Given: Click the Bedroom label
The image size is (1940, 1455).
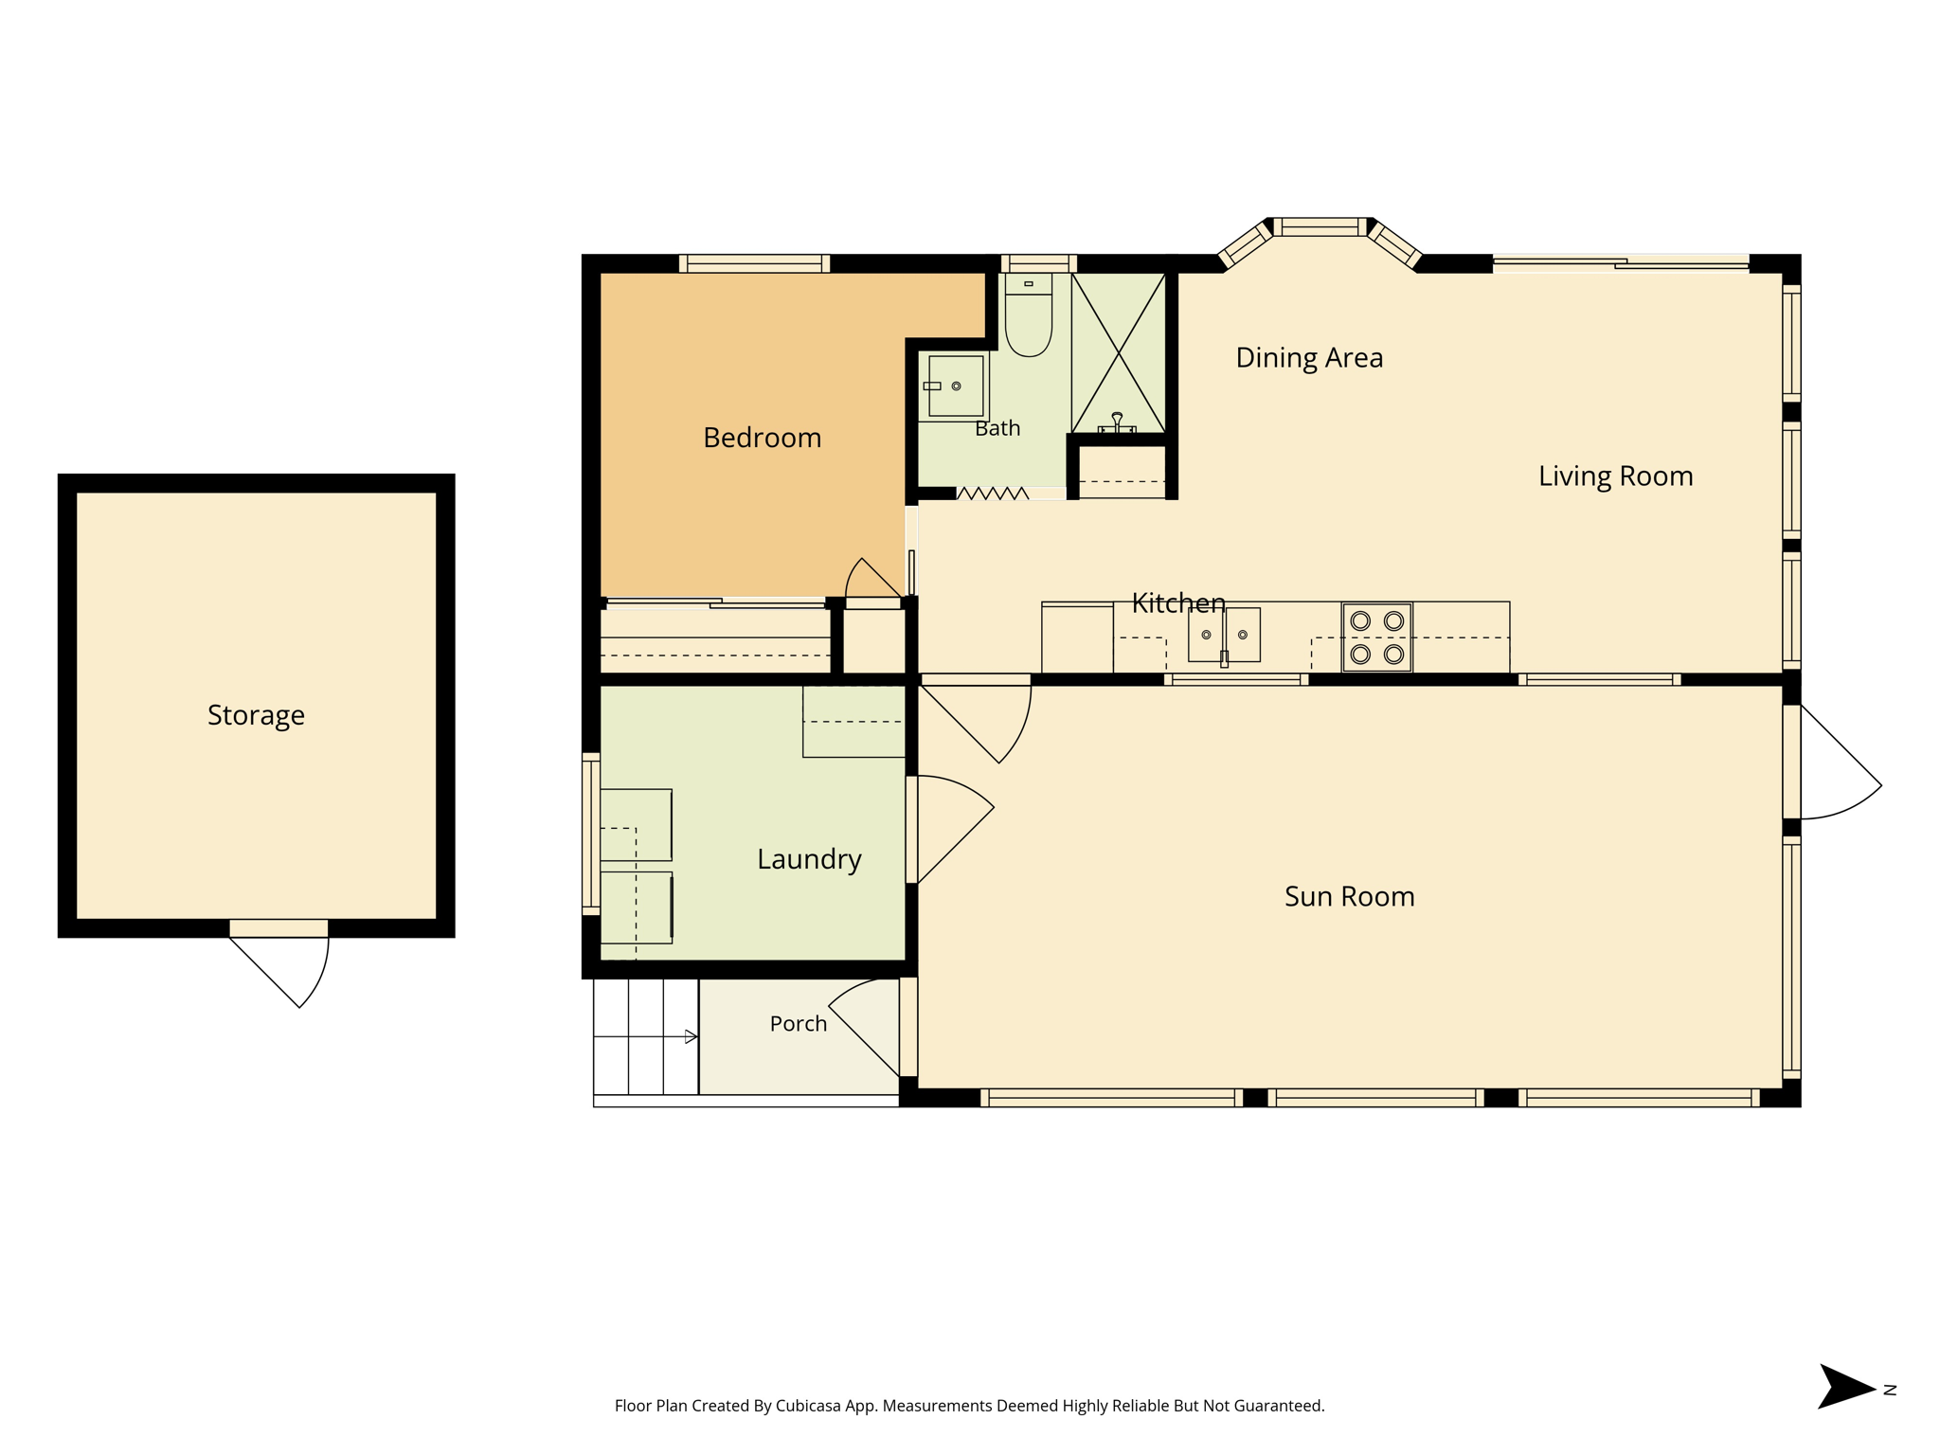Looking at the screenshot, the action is point(762,438).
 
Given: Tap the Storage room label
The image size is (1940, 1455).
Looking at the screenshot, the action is point(256,715).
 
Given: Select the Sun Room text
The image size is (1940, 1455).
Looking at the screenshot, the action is point(1349,896).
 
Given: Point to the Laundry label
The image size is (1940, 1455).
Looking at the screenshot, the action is point(809,859).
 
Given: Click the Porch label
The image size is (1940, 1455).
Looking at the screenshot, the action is point(798,1024).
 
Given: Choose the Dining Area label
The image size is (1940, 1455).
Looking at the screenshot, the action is point(1309,358).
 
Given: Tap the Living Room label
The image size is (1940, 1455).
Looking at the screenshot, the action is point(1615,476).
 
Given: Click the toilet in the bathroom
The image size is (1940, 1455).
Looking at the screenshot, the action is point(1028,314).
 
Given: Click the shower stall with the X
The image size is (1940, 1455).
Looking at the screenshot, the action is point(1119,353).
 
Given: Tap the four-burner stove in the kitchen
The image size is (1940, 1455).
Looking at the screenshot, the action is point(1376,638).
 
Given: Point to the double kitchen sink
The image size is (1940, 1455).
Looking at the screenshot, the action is point(1224,636).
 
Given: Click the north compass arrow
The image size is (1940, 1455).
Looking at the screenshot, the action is point(1845,1387).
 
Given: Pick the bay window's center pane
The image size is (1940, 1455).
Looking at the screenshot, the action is point(1320,227).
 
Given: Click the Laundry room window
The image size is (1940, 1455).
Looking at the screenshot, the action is point(591,834).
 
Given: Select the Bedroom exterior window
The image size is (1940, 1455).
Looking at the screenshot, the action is point(754,263).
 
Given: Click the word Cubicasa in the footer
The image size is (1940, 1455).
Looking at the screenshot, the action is point(809,1406).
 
